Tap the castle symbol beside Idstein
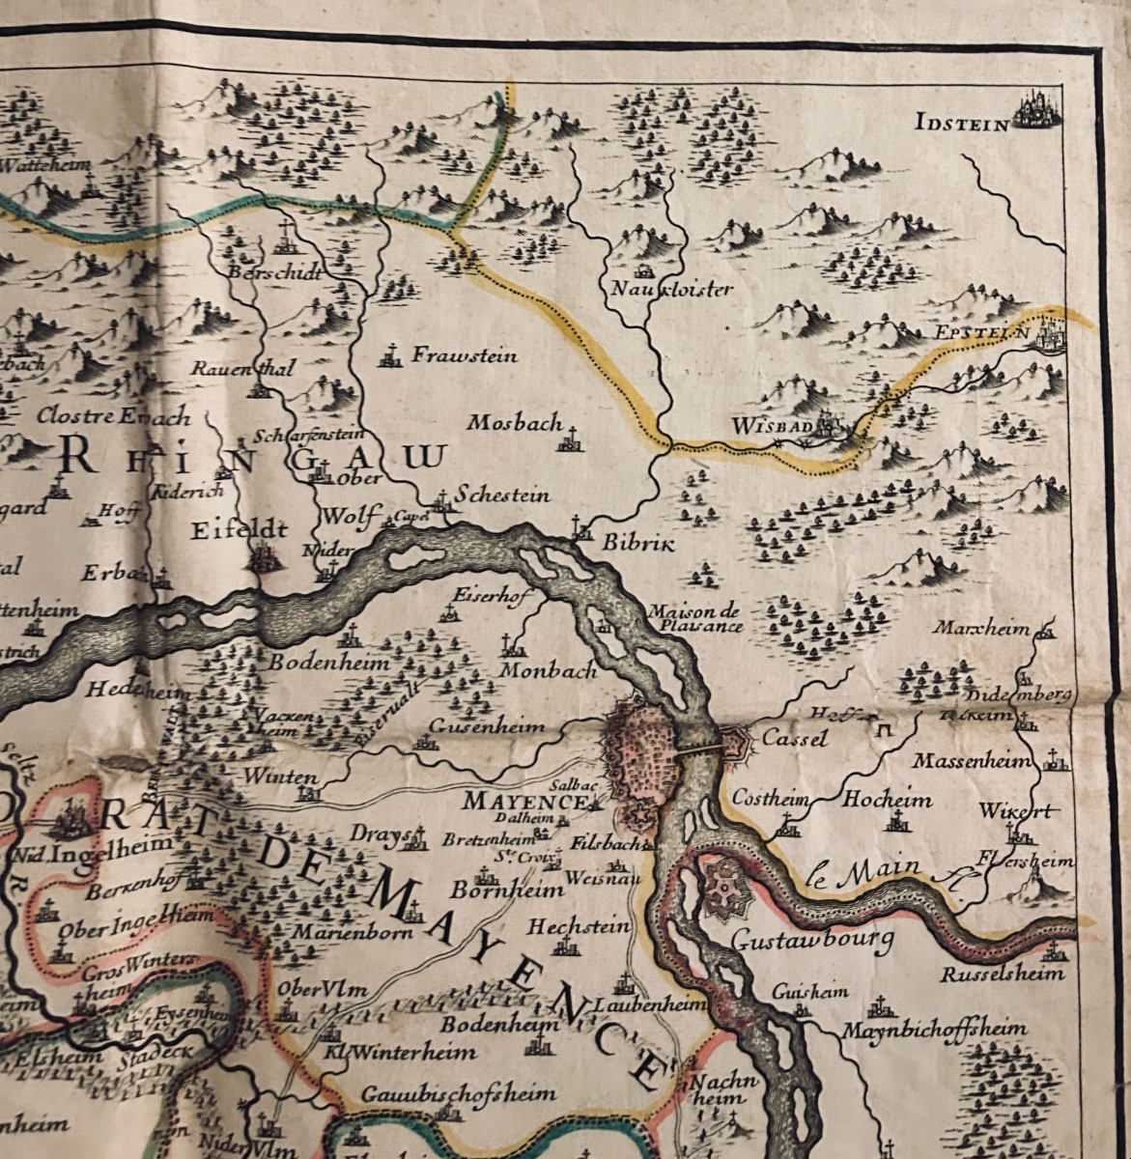1037,109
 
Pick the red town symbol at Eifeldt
263,558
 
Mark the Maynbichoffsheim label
933,1029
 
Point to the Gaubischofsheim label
459,1093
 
